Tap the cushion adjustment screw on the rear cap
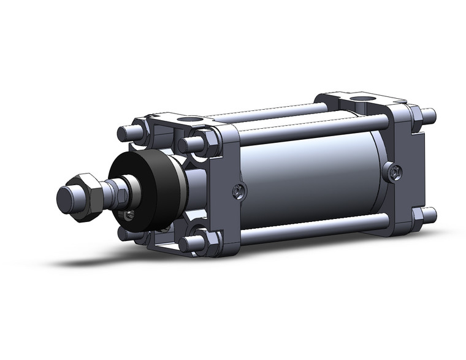click(393, 172)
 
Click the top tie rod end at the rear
click(430, 115)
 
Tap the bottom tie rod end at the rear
click(429, 215)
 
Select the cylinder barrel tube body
click(307, 178)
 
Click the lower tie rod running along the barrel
click(307, 231)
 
